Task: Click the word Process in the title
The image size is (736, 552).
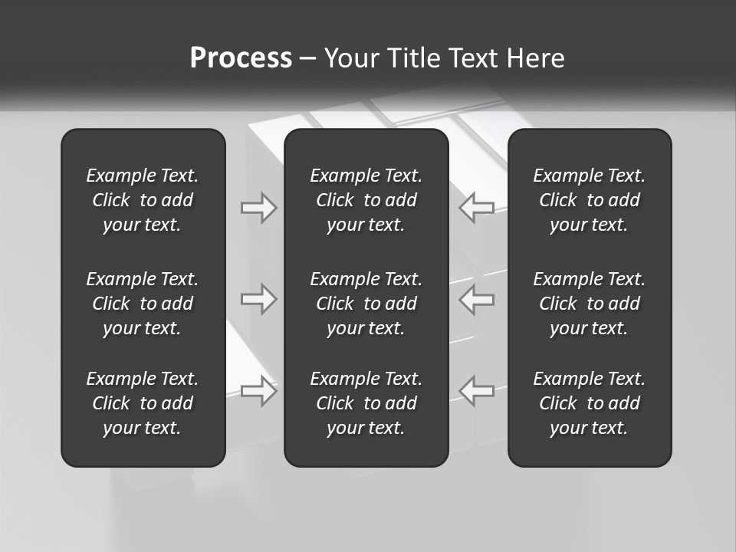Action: click(241, 58)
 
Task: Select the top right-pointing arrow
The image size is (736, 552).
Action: click(259, 208)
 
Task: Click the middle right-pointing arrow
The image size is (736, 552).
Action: click(259, 299)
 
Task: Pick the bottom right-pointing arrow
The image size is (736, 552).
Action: click(259, 391)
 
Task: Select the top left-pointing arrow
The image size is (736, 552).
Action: click(476, 208)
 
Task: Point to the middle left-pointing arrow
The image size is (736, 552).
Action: click(476, 299)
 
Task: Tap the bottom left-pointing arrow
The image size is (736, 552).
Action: click(476, 391)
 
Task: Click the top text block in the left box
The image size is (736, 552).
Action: click(143, 200)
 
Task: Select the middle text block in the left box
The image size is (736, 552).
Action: click(143, 304)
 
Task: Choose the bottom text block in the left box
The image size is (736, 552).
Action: click(143, 403)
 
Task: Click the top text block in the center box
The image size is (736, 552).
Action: click(366, 200)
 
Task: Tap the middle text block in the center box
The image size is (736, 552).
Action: click(366, 304)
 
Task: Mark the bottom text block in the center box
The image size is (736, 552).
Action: click(366, 403)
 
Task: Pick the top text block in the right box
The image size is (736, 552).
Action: click(589, 200)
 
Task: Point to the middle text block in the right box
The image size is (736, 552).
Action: click(589, 304)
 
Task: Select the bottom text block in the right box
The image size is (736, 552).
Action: click(589, 403)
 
